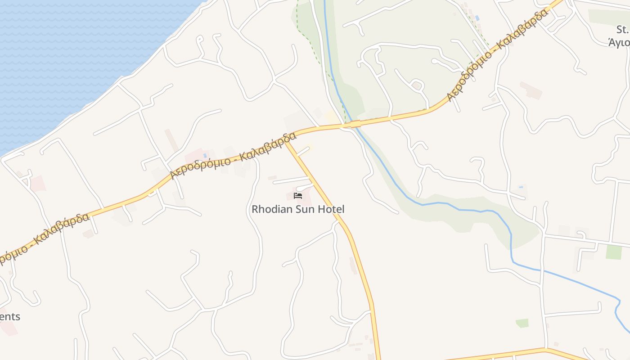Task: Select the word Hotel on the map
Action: coord(330,209)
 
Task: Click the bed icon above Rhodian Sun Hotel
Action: coord(297,195)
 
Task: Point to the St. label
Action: coord(622,30)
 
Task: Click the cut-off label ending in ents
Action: coord(10,316)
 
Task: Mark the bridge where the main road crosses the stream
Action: coord(355,124)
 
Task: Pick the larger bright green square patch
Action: coord(613,252)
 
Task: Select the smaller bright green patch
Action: coord(522,323)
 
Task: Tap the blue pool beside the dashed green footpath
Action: coord(477,18)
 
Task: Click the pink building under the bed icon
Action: coord(303,197)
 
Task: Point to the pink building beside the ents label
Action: coord(9,328)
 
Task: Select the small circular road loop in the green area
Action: coord(416,85)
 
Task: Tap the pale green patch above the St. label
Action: coord(607,17)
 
